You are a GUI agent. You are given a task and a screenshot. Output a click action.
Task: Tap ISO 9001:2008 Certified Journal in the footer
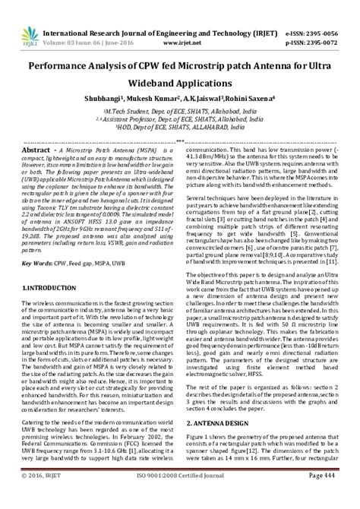[181, 496]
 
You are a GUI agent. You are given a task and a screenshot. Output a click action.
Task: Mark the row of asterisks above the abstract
[179, 141]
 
